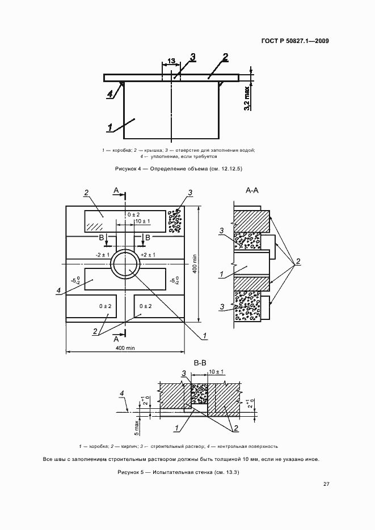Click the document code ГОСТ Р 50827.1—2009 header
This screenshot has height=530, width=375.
pyautogui.click(x=295, y=41)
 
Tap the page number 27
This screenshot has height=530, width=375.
pyautogui.click(x=326, y=484)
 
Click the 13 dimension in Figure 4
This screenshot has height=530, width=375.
pyautogui.click(x=171, y=61)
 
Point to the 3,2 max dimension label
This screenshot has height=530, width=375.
pyautogui.click(x=247, y=99)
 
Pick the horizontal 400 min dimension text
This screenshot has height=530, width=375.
pyautogui.click(x=125, y=348)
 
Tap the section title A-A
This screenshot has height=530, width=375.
pyautogui.click(x=252, y=191)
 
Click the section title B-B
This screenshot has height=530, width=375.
pyautogui.click(x=200, y=363)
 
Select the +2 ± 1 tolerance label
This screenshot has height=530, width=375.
pyautogui.click(x=148, y=255)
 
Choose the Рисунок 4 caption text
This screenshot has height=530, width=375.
pyautogui.click(x=179, y=169)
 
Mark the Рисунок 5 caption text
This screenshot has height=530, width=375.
pyautogui.click(x=178, y=472)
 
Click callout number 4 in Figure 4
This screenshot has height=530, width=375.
pyautogui.click(x=109, y=95)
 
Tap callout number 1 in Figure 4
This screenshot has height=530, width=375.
pyautogui.click(x=110, y=127)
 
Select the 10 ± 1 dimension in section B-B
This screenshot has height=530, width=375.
pyautogui.click(x=216, y=372)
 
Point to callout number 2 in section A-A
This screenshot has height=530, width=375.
pyautogui.click(x=298, y=261)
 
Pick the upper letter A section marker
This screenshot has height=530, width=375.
pyautogui.click(x=116, y=191)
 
